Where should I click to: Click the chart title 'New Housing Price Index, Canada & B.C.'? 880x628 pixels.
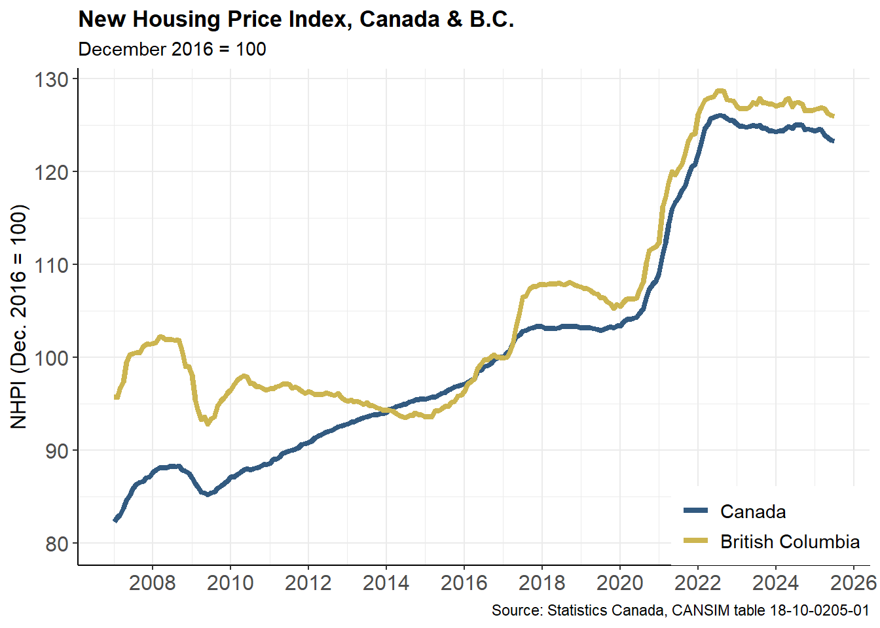296,20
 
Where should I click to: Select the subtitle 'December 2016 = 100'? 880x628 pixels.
172,50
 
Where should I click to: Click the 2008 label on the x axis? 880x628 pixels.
152,583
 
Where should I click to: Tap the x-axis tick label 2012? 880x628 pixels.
308,583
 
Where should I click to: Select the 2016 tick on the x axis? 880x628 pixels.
464,583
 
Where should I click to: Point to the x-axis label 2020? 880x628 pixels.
619,583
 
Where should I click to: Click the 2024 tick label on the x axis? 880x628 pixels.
775,583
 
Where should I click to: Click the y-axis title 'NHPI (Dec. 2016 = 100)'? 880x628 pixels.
20,317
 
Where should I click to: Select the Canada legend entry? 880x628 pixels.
753,512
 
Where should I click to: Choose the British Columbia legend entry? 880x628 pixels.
790,542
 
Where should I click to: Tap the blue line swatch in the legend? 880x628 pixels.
695,511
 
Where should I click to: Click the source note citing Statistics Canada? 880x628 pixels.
680,611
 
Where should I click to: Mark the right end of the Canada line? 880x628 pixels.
833,141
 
